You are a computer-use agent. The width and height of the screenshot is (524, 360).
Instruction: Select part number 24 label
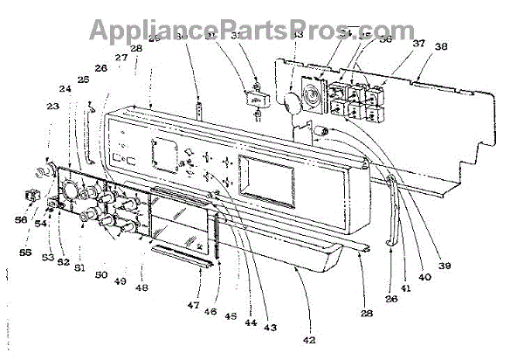[65, 88]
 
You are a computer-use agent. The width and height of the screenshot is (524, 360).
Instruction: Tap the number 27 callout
[121, 58]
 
